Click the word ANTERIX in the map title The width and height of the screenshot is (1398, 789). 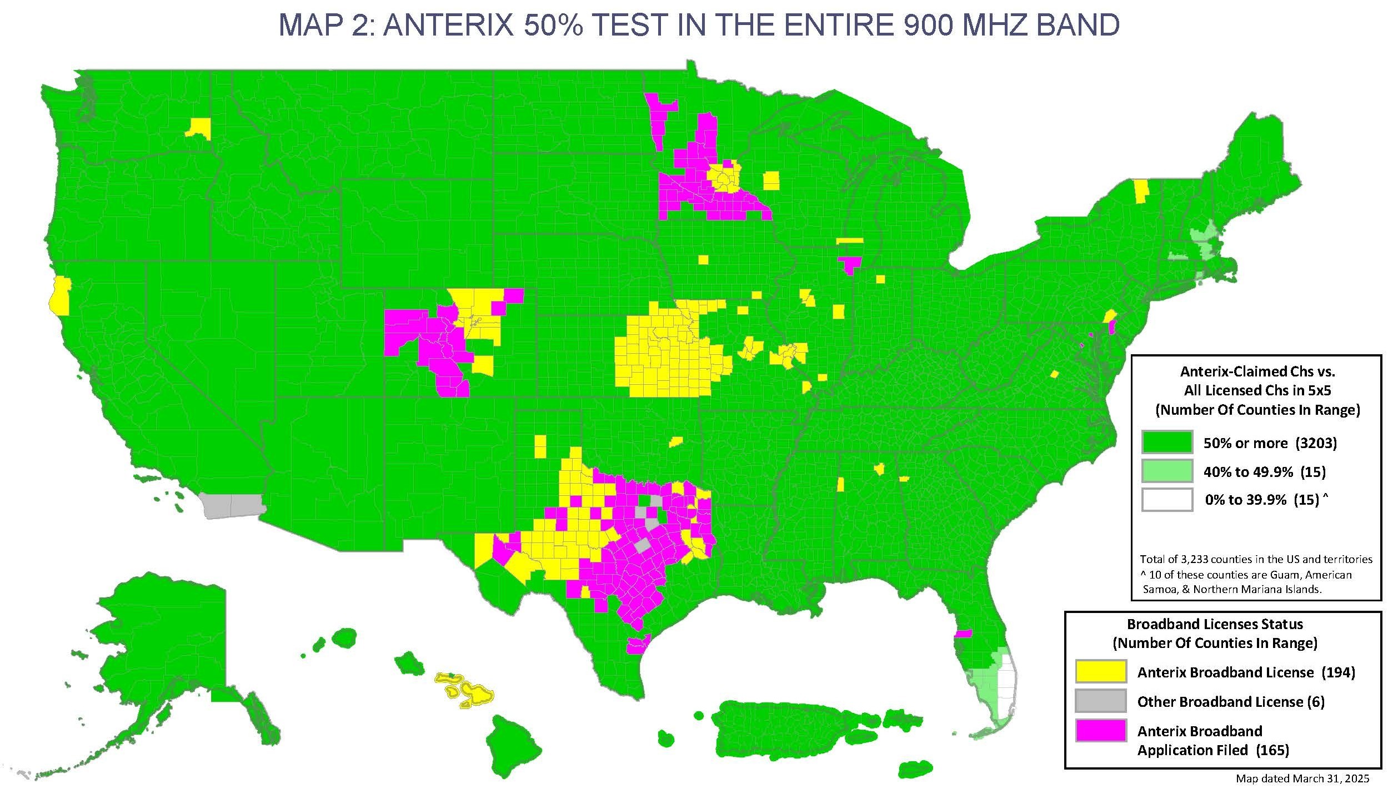(448, 25)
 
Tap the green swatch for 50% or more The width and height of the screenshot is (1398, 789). (1167, 443)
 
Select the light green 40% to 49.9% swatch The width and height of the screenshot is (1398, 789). (1167, 471)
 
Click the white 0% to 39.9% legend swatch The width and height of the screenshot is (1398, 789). (1167, 500)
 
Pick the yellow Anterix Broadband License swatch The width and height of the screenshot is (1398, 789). (1100, 672)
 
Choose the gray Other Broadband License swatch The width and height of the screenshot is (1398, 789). (1100, 701)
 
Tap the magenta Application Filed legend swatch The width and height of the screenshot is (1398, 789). (1100, 731)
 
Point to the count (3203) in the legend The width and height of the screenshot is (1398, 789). (1316, 443)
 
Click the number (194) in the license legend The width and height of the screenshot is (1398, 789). (1338, 672)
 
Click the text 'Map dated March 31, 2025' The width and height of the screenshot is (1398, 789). (1302, 779)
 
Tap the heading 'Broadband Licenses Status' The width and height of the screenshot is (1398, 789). (1215, 624)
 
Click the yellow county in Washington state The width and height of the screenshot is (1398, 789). (199, 128)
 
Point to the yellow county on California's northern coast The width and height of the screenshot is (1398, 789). (59, 295)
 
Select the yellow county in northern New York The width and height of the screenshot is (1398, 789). (1141, 192)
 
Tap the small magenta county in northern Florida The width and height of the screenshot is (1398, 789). (964, 634)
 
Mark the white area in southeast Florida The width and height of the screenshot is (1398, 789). (1006, 689)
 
